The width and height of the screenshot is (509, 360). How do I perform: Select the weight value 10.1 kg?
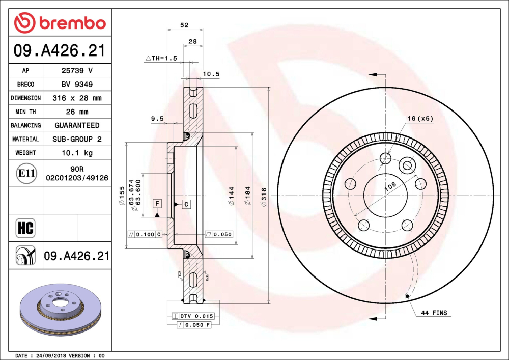pos(77,153)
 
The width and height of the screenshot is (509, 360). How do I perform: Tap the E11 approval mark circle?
pos(26,173)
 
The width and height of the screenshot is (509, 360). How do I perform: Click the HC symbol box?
pos(25,228)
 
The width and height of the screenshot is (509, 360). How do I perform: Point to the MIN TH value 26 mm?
pos(77,112)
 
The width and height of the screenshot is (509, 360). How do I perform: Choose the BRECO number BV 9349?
pos(77,85)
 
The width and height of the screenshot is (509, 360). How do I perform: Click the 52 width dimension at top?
pos(184,25)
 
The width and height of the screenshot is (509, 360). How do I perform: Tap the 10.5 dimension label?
pos(211,74)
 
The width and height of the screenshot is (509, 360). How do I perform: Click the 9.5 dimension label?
pos(157,119)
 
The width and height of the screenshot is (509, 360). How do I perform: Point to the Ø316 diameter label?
pos(263,197)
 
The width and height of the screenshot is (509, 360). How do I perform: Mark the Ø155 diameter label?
pos(122,196)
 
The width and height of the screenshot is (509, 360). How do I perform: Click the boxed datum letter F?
pos(158,204)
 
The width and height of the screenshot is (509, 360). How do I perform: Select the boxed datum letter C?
pos(186,204)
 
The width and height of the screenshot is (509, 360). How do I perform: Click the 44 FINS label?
pos(434,313)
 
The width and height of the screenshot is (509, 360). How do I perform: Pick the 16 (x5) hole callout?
pos(420,119)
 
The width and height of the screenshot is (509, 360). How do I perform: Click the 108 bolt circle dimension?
pos(389,187)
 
